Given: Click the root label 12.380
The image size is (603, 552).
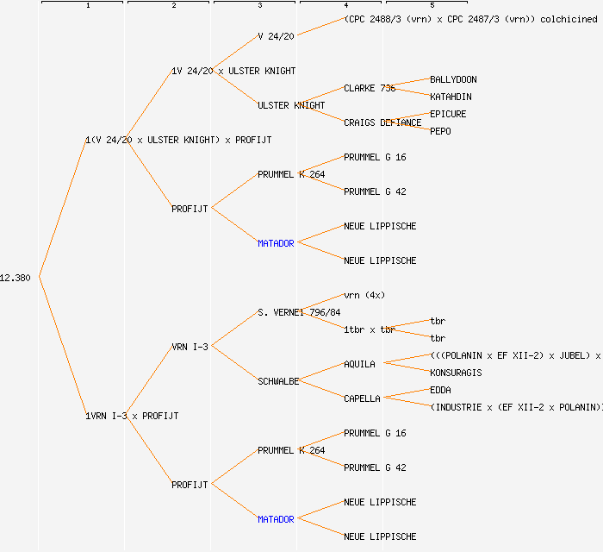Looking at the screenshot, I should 16,278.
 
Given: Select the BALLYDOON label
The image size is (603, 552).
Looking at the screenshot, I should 453,79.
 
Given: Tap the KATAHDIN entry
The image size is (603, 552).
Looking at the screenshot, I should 451,97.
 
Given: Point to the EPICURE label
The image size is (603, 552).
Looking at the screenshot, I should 448,114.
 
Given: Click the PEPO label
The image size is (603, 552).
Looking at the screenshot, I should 440,131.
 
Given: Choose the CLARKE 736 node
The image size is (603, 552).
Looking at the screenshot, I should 370,88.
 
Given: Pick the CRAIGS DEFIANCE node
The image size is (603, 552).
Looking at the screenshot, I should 382,122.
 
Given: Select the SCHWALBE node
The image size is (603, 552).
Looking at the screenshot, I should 278,381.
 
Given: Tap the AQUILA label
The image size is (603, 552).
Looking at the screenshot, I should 359,364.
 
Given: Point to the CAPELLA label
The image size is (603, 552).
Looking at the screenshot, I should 362,398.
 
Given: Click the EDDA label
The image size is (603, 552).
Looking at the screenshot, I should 440,390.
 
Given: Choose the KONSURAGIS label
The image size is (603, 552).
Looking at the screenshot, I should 456,373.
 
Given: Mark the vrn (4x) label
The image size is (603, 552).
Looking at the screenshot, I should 364,295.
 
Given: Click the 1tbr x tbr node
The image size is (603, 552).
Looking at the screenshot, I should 370,329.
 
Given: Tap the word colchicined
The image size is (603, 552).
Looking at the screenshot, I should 569,19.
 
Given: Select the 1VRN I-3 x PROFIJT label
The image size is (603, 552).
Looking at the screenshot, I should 132,416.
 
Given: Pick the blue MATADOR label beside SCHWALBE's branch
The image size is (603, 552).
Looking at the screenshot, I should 276,519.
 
